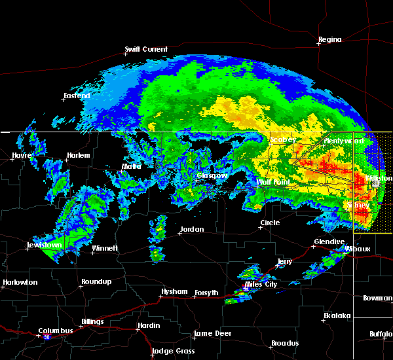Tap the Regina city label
[x=330, y=39]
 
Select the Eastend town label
[x=77, y=96]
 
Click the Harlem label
[x=78, y=155]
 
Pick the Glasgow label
[x=213, y=175]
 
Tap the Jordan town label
[x=192, y=229]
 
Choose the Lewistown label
[x=44, y=245]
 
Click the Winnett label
[x=104, y=248]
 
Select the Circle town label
[x=270, y=223]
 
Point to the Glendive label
[x=328, y=242]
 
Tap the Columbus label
[x=55, y=331]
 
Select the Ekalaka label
[x=338, y=315]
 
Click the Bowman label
[x=377, y=298]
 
